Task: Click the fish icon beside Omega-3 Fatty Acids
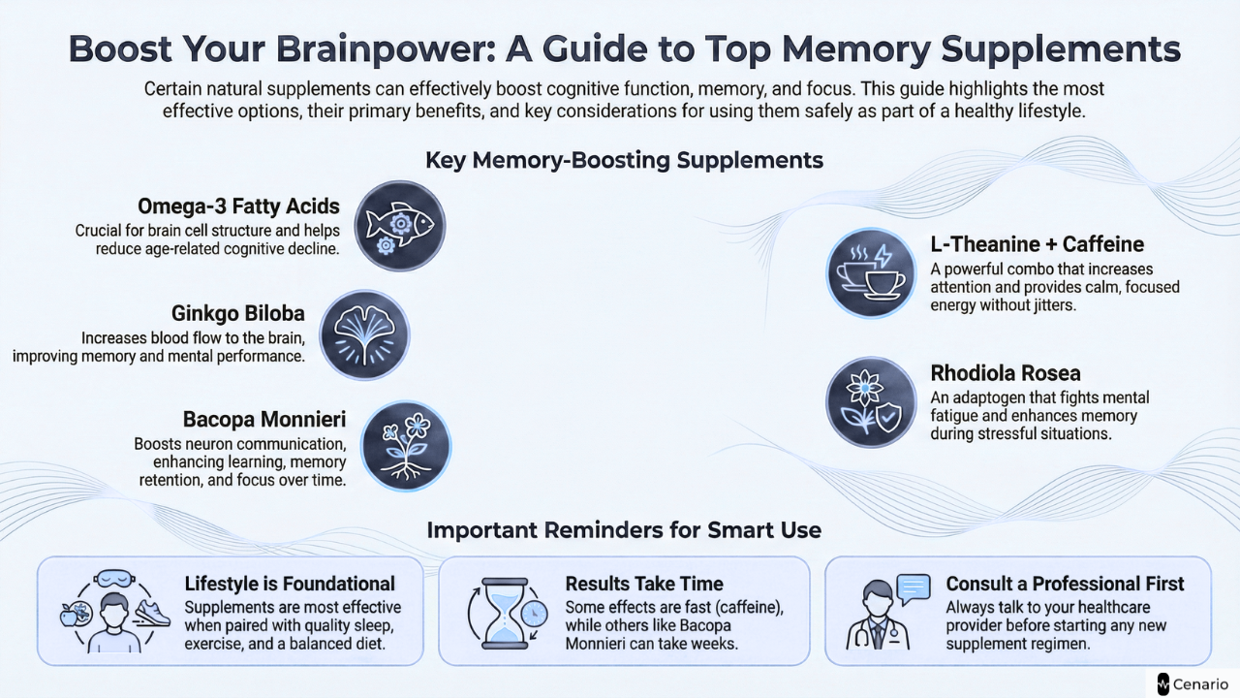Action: pos(400,226)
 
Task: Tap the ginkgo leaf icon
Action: pos(364,334)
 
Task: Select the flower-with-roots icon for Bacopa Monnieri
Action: pos(406,446)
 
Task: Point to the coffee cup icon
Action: pos(870,273)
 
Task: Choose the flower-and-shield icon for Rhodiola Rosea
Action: pos(870,401)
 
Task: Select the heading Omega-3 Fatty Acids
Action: pos(238,206)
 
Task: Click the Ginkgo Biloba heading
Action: pos(238,313)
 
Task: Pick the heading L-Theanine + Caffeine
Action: pos(1037,244)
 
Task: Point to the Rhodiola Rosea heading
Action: pos(1006,373)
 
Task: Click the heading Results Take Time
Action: pos(644,584)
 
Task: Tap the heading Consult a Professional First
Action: pos(1065,584)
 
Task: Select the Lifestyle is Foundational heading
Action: pos(290,584)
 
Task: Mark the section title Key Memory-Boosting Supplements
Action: pos(624,160)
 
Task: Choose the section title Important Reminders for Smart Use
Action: pos(624,530)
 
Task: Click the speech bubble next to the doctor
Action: pos(913,586)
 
